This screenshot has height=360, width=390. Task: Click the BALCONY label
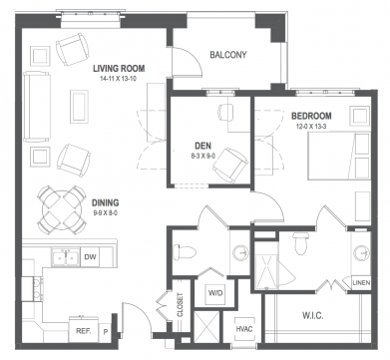(x=228, y=55)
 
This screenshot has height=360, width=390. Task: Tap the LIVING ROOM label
(x=119, y=69)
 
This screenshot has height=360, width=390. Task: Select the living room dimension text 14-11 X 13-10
(x=119, y=79)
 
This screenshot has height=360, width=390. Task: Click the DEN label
(x=202, y=146)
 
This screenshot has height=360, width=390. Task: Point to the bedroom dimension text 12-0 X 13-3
(x=311, y=127)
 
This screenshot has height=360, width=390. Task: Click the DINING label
(x=105, y=202)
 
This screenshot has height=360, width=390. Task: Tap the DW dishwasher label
(x=90, y=256)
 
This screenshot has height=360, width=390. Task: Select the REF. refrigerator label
(x=84, y=331)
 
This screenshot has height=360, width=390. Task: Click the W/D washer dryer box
(x=215, y=293)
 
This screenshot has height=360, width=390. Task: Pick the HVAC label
(x=244, y=329)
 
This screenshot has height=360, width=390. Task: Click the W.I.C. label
(x=313, y=315)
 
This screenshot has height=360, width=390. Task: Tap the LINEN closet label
(x=361, y=283)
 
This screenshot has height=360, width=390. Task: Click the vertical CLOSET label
(x=180, y=305)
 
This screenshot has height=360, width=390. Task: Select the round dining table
(x=61, y=209)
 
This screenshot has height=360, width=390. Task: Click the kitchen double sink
(x=66, y=257)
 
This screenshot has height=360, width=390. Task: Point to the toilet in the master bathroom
(x=301, y=243)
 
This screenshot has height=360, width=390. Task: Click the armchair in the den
(x=230, y=165)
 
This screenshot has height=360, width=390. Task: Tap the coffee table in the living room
(x=79, y=107)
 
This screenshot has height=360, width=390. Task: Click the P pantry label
(x=106, y=332)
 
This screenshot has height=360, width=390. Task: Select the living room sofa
(x=37, y=107)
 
